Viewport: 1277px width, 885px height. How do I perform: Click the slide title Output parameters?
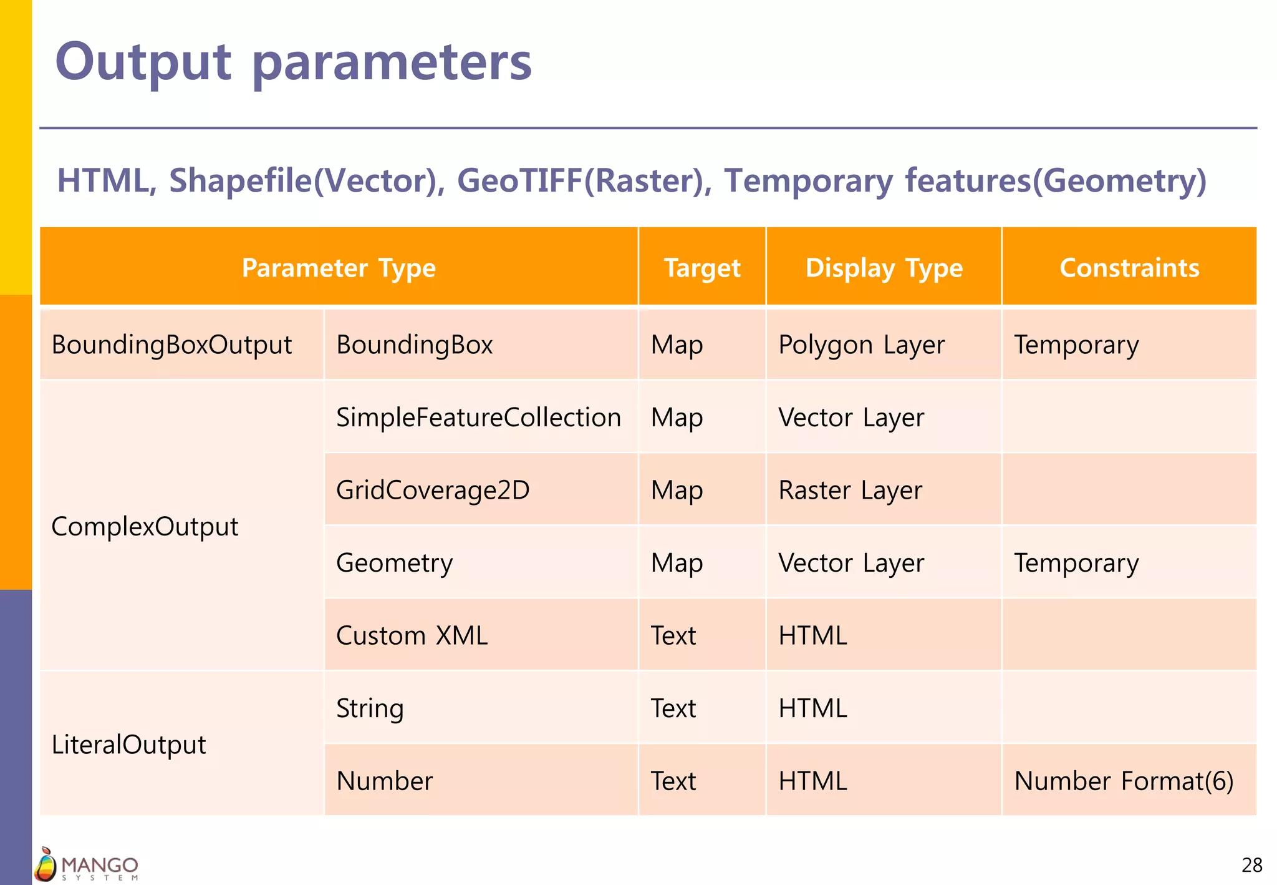pos(293,62)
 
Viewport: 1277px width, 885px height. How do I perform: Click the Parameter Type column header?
pos(339,268)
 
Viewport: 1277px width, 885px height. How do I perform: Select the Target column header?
pos(702,268)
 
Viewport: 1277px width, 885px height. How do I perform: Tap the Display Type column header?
pos(884,268)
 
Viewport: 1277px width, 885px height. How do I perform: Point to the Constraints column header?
pos(1129,268)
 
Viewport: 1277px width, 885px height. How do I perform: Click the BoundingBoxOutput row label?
pos(171,345)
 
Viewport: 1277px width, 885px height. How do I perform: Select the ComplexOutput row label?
pos(145,526)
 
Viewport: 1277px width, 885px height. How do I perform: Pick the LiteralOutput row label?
pos(128,745)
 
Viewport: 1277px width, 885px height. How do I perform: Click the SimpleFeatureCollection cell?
pos(478,417)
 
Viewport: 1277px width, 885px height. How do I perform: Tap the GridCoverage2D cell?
pos(433,490)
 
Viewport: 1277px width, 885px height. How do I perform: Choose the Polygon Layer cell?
pos(861,345)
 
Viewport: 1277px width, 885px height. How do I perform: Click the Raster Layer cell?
pos(850,490)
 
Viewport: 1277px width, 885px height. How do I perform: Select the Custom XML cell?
pos(412,635)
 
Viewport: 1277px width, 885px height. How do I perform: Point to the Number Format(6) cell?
pos(1124,781)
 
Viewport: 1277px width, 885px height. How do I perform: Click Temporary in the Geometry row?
pos(1076,563)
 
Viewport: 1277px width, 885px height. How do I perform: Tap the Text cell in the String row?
pos(673,708)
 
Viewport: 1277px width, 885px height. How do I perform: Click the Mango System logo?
pos(86,865)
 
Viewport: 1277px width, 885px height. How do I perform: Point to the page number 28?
pos(1251,865)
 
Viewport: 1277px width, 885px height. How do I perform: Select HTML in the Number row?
pos(812,781)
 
